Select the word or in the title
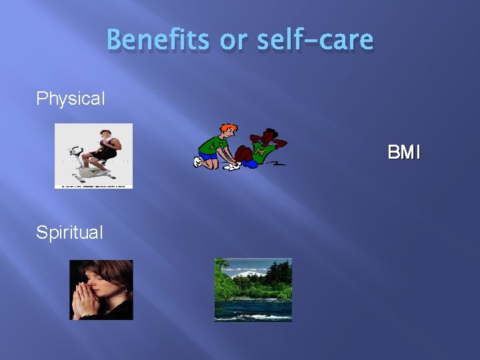tap(233, 41)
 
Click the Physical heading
tap(71, 99)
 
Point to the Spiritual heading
tap(69, 233)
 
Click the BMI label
tap(404, 153)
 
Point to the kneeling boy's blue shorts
tap(208, 156)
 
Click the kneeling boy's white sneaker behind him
tap(198, 162)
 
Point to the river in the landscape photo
tap(253, 308)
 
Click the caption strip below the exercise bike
tap(93, 186)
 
